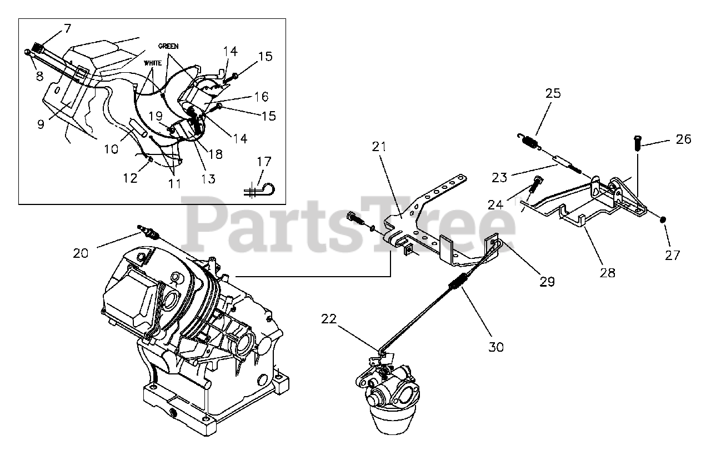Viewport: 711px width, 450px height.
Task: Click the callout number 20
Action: (81, 253)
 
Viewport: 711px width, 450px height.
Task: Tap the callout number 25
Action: (553, 93)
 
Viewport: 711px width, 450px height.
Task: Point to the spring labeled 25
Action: (533, 141)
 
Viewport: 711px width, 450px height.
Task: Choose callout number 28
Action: (608, 272)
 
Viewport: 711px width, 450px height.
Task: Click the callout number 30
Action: (495, 347)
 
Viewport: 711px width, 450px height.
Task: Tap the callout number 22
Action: (329, 319)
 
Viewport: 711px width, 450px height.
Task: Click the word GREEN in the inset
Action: (168, 46)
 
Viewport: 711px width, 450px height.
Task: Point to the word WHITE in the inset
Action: (153, 63)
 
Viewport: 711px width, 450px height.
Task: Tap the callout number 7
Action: (67, 28)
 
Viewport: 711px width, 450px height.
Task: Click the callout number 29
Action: (547, 281)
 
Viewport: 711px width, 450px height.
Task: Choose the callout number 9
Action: (41, 124)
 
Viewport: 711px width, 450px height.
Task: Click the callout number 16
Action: (261, 97)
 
